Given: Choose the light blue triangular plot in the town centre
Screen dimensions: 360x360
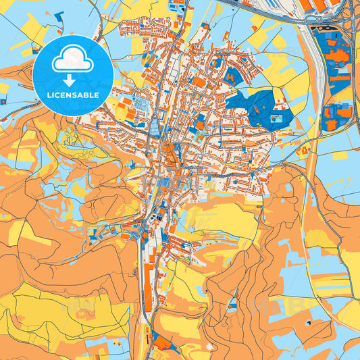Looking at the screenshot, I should (156, 126).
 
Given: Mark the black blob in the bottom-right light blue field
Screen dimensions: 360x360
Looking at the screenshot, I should (309, 323).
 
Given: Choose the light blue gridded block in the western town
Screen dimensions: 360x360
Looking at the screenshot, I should (143, 104).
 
